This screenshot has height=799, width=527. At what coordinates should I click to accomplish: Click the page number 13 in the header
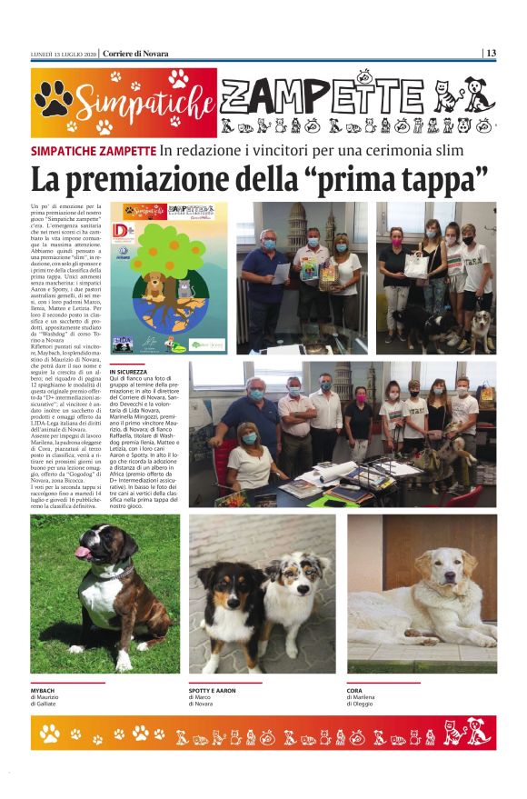point(491,53)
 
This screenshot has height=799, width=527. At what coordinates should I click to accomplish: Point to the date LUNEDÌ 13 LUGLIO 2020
point(63,53)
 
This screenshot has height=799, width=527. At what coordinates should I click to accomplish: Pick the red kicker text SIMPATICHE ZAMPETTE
point(93,150)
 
